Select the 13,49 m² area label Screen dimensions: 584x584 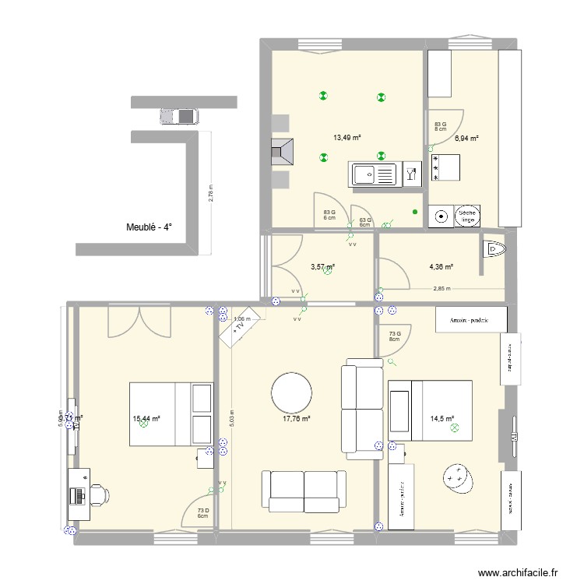point(347,138)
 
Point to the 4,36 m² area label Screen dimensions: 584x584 point(441,266)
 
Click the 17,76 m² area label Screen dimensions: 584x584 point(296,418)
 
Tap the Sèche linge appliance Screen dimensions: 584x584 point(466,216)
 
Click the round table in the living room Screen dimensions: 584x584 point(290,393)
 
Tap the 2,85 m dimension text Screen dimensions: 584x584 point(442,289)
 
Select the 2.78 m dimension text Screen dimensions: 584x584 point(210,192)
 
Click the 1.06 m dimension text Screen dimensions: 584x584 point(243,318)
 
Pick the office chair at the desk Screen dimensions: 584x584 point(100,494)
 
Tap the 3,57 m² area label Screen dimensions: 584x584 point(322,266)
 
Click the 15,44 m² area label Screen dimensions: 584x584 point(146,418)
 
